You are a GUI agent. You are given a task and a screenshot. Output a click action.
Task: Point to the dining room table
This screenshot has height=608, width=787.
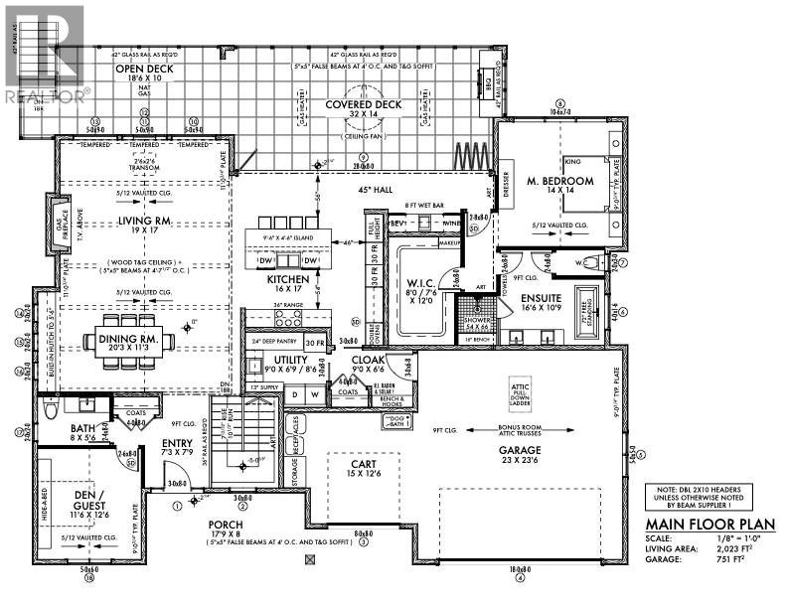(x=139, y=341)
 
